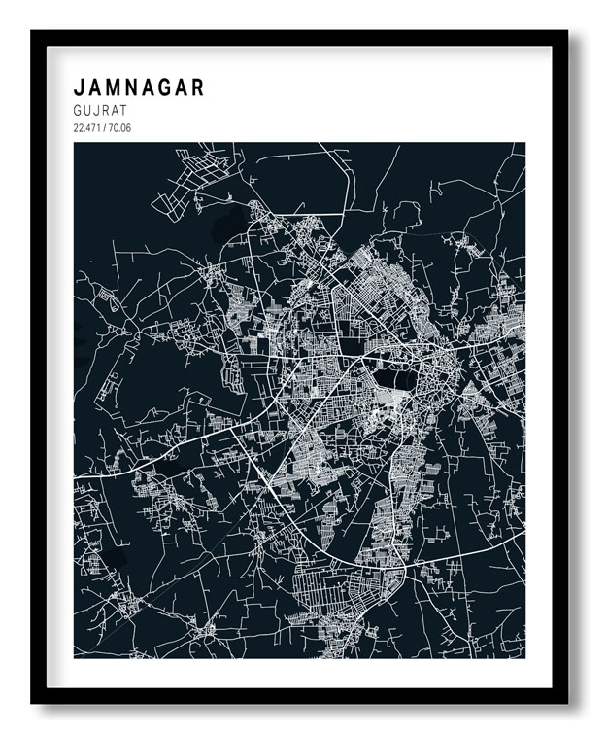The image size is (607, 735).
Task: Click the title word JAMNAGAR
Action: click(x=139, y=87)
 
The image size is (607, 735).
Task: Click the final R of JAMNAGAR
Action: click(x=198, y=87)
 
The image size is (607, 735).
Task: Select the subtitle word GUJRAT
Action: click(x=101, y=112)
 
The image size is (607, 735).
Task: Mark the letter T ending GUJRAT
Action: click(x=124, y=112)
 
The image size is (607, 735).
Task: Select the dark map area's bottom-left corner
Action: click(x=75, y=657)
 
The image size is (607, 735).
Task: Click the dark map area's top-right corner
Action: click(x=524, y=144)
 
